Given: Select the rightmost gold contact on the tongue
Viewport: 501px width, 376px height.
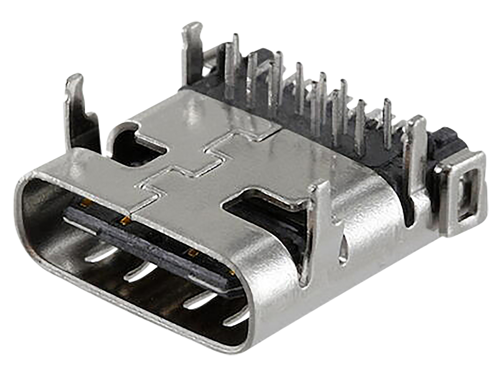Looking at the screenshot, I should pos(231,272).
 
